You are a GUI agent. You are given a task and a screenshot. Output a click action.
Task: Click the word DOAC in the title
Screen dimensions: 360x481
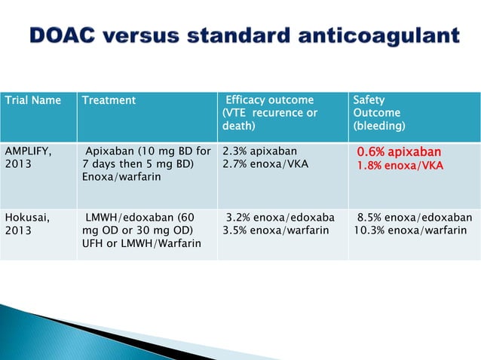tap(67, 36)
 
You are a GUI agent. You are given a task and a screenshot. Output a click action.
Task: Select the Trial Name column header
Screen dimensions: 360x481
tap(33, 100)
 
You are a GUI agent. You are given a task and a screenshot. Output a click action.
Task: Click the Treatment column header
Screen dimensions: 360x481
tap(109, 100)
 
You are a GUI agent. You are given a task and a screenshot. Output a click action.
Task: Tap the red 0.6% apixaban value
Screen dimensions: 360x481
tap(399, 151)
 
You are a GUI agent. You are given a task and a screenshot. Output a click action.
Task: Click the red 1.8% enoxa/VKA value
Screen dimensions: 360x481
tap(400, 165)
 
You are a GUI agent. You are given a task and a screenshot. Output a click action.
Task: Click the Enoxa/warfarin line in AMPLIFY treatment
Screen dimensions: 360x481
tap(119, 176)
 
